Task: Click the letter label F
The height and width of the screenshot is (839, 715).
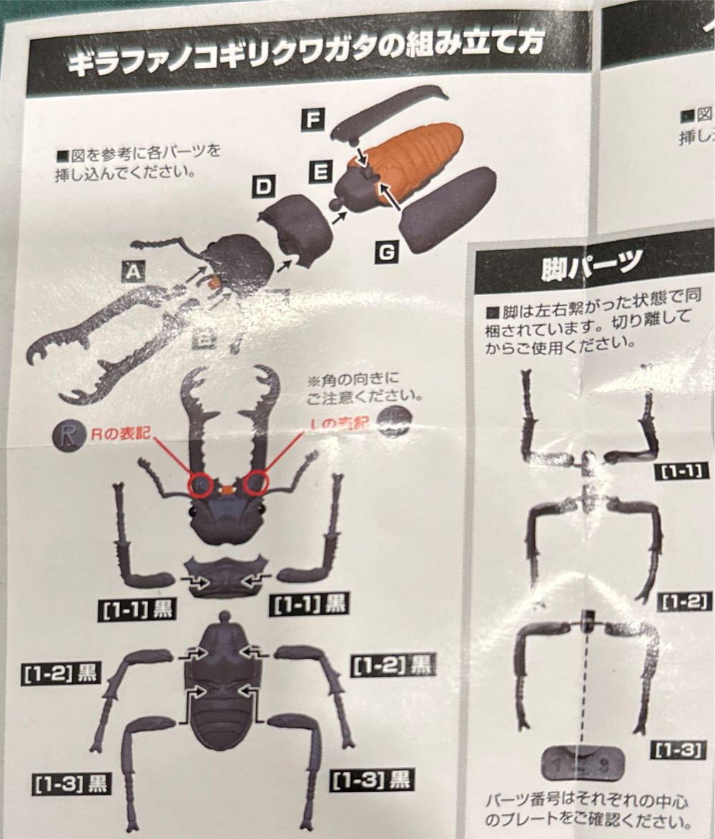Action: pyautogui.click(x=311, y=119)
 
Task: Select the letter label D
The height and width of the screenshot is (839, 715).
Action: pyautogui.click(x=263, y=188)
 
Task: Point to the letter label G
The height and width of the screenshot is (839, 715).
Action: pyautogui.click(x=385, y=252)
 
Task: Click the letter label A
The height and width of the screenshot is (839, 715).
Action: pyautogui.click(x=134, y=271)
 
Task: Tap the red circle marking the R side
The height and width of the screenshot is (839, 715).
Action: pyautogui.click(x=200, y=485)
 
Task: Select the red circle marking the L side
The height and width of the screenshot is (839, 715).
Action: pyautogui.click(x=256, y=484)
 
